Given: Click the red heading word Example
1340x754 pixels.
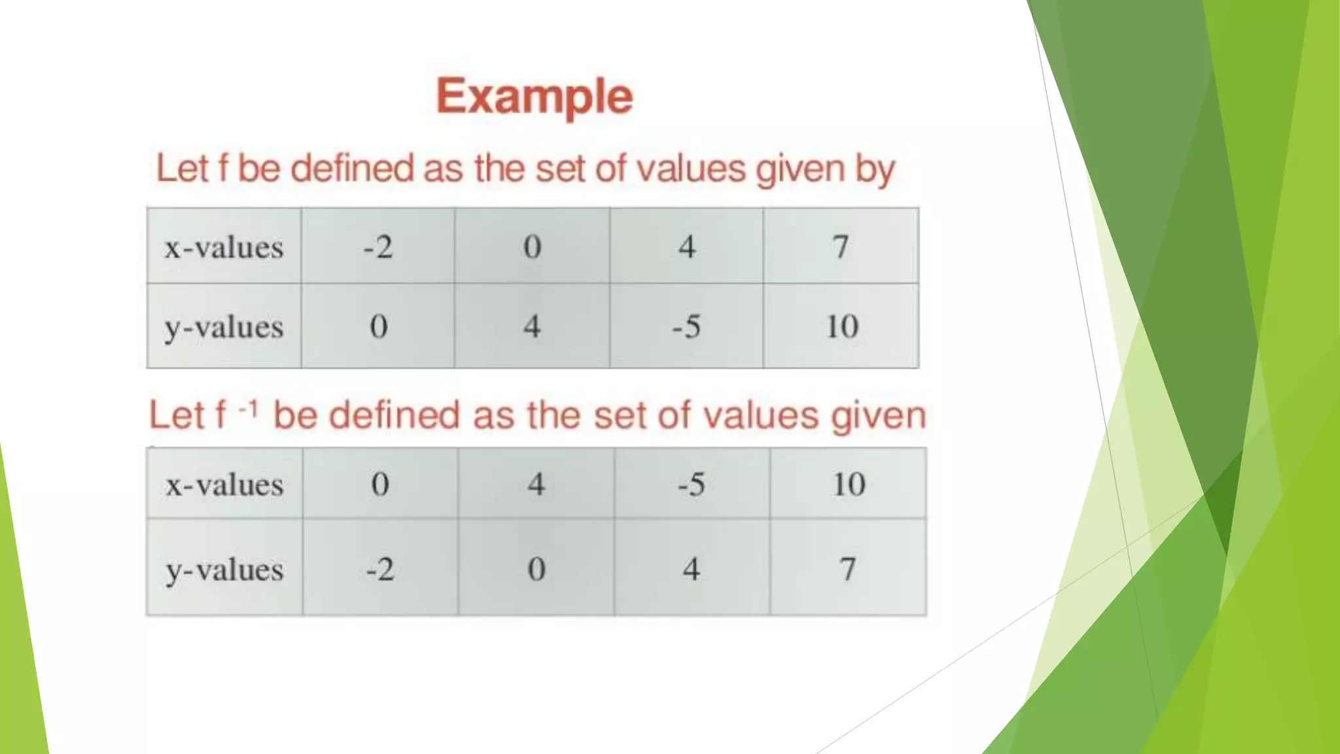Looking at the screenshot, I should (535, 97).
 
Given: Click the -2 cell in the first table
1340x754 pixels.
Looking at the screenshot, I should (378, 247).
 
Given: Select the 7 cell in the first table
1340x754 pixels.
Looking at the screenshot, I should (841, 247).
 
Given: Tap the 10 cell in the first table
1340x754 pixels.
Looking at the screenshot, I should (841, 327).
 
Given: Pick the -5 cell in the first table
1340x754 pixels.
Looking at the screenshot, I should (686, 327).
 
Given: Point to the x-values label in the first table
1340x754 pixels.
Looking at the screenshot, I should (224, 247).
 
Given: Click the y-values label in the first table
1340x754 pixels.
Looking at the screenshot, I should (224, 327).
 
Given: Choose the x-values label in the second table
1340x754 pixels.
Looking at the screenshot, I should (224, 485).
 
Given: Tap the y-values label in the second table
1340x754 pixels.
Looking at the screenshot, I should (224, 569).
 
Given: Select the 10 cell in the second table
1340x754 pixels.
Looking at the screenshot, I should (849, 485).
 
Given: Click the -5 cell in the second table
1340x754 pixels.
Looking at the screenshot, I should (692, 485).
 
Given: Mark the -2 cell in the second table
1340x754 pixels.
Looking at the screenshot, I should (380, 569).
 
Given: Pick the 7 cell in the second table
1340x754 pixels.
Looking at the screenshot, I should (848, 569).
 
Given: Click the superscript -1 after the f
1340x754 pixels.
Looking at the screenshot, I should (248, 410).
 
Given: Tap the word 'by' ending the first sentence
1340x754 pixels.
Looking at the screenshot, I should (875, 170).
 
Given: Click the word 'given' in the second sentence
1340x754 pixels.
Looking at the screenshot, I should (879, 416).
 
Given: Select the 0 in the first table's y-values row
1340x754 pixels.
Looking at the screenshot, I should (379, 327).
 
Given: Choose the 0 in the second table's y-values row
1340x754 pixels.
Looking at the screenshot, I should (537, 569).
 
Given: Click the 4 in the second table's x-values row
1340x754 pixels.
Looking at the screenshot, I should (537, 485).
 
